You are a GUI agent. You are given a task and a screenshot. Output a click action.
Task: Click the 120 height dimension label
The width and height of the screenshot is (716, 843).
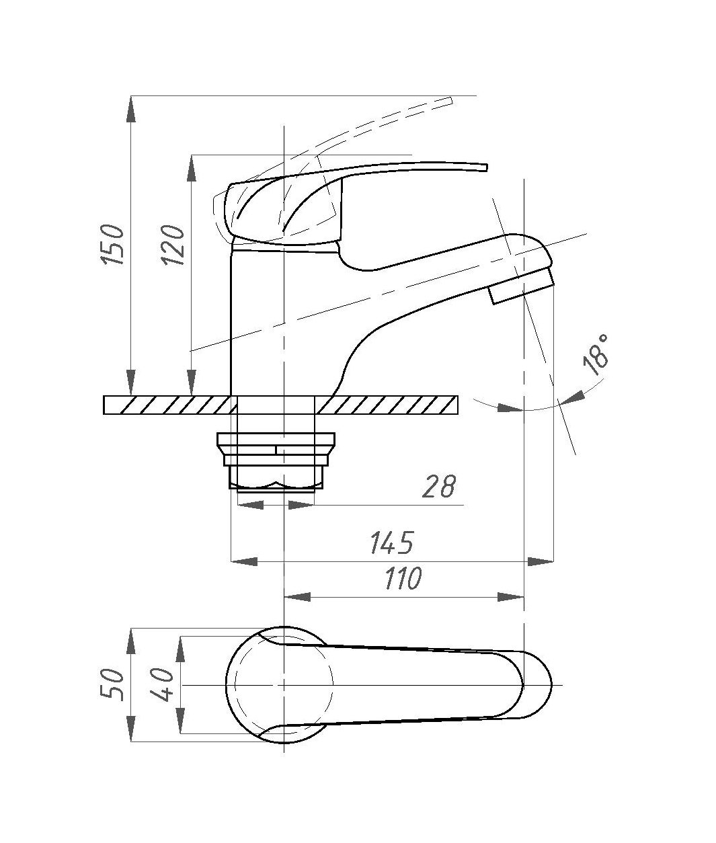(x=173, y=245)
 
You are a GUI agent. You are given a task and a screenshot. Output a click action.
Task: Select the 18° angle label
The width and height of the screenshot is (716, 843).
(x=596, y=354)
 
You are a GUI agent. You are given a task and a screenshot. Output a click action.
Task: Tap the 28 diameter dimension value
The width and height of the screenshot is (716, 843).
(x=438, y=487)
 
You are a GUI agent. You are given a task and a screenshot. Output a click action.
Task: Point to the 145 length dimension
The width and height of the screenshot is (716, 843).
(x=393, y=543)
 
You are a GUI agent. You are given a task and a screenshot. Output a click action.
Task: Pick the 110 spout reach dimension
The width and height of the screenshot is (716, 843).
(x=403, y=578)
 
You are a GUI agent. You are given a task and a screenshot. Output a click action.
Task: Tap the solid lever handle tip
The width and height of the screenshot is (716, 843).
(x=485, y=167)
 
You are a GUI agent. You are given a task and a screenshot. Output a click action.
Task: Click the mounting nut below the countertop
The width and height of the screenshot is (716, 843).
(x=276, y=461)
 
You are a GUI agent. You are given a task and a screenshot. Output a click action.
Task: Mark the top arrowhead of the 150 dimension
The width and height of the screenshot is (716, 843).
(x=131, y=109)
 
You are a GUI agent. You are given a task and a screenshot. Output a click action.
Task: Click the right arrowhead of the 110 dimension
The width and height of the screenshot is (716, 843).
(x=511, y=598)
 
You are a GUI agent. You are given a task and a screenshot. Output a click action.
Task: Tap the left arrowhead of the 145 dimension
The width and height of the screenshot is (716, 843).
(x=244, y=561)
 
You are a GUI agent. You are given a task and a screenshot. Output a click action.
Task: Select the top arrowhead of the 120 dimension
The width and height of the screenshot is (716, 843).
(x=191, y=168)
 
